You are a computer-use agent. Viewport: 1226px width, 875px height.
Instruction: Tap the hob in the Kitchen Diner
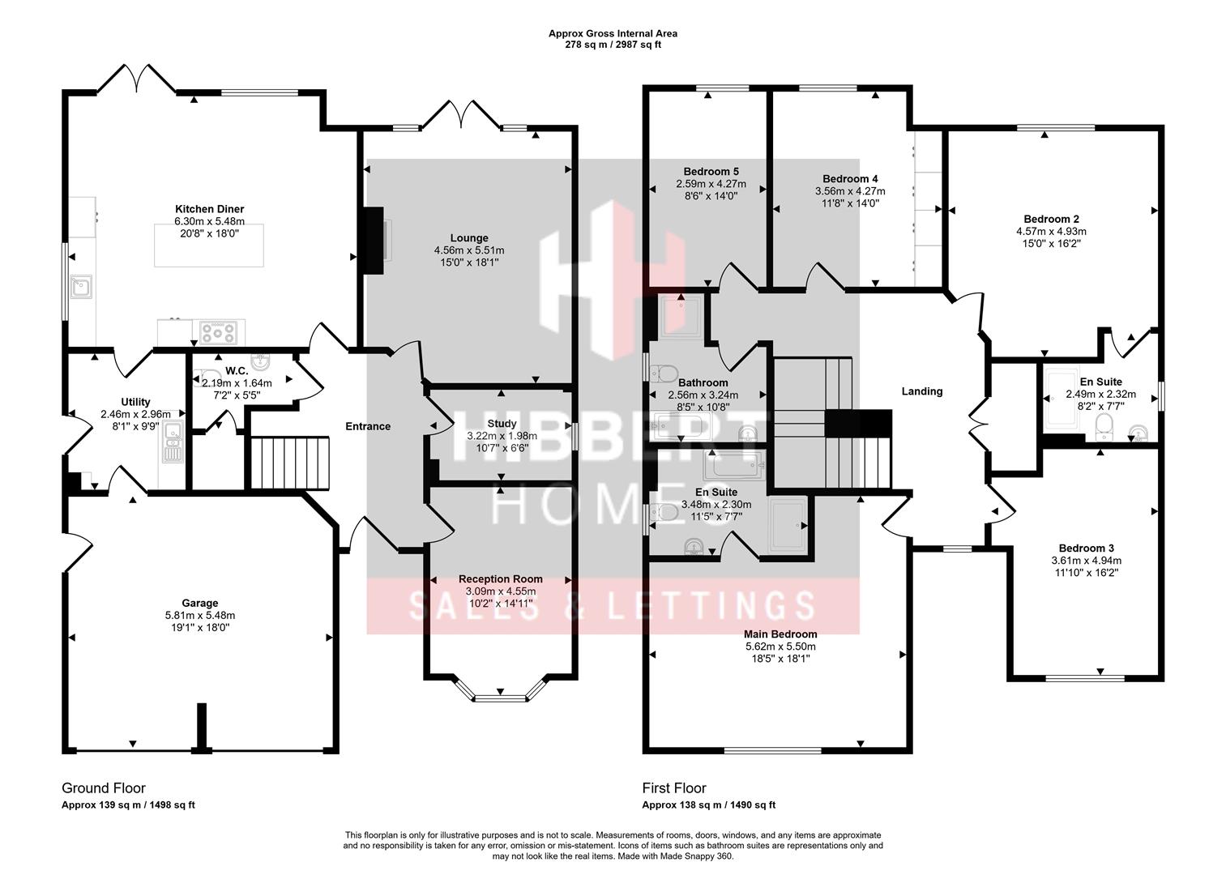tap(219, 331)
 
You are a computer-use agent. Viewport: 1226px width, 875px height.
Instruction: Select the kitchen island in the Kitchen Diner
tap(208, 246)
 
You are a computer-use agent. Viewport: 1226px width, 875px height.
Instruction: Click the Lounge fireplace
tap(373, 241)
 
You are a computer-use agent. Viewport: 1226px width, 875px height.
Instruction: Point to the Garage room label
tap(199, 603)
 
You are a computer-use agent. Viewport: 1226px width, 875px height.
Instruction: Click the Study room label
tap(502, 424)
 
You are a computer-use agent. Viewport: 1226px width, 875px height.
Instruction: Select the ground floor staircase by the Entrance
tap(290, 463)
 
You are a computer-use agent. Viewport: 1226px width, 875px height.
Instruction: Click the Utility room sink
tap(173, 442)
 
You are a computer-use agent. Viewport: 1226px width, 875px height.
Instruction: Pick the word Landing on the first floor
tap(922, 391)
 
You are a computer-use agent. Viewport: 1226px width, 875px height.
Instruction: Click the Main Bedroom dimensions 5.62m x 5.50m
tap(780, 647)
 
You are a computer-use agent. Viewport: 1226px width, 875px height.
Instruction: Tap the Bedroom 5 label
tap(711, 172)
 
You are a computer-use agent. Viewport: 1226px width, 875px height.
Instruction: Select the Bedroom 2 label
tap(1051, 219)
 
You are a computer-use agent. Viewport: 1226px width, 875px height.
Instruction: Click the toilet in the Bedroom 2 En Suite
tap(1104, 425)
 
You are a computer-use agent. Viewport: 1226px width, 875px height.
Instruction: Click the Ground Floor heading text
tap(104, 787)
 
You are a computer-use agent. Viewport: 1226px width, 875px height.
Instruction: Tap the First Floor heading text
tap(674, 787)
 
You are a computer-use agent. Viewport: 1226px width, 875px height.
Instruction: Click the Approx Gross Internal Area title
tap(613, 33)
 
